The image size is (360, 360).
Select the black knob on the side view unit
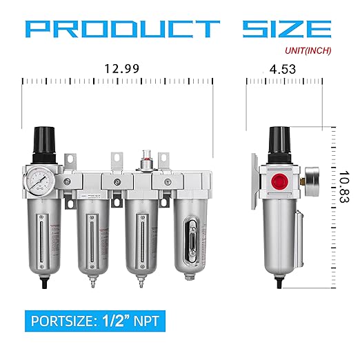[x=279, y=141]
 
